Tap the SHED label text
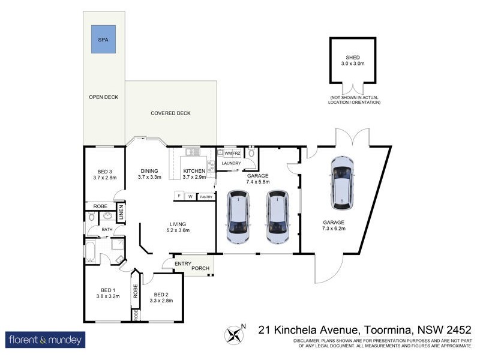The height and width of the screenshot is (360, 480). click(352, 58)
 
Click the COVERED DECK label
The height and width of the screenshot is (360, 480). click(170, 113)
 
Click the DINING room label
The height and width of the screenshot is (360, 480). click(150, 171)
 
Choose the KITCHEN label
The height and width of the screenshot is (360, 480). click(194, 171)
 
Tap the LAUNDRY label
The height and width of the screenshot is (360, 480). click(231, 164)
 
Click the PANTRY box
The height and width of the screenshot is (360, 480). click(206, 196)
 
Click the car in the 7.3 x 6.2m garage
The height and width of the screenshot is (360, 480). click(343, 184)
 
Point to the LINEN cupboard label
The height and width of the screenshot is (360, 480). click(121, 213)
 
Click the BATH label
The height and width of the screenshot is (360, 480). click(107, 229)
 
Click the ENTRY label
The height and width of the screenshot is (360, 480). click(183, 264)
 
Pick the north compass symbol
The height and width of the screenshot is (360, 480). click(235, 334)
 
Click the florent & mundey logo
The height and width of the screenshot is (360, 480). click(46, 340)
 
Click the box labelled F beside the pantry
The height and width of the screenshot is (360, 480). click(178, 196)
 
